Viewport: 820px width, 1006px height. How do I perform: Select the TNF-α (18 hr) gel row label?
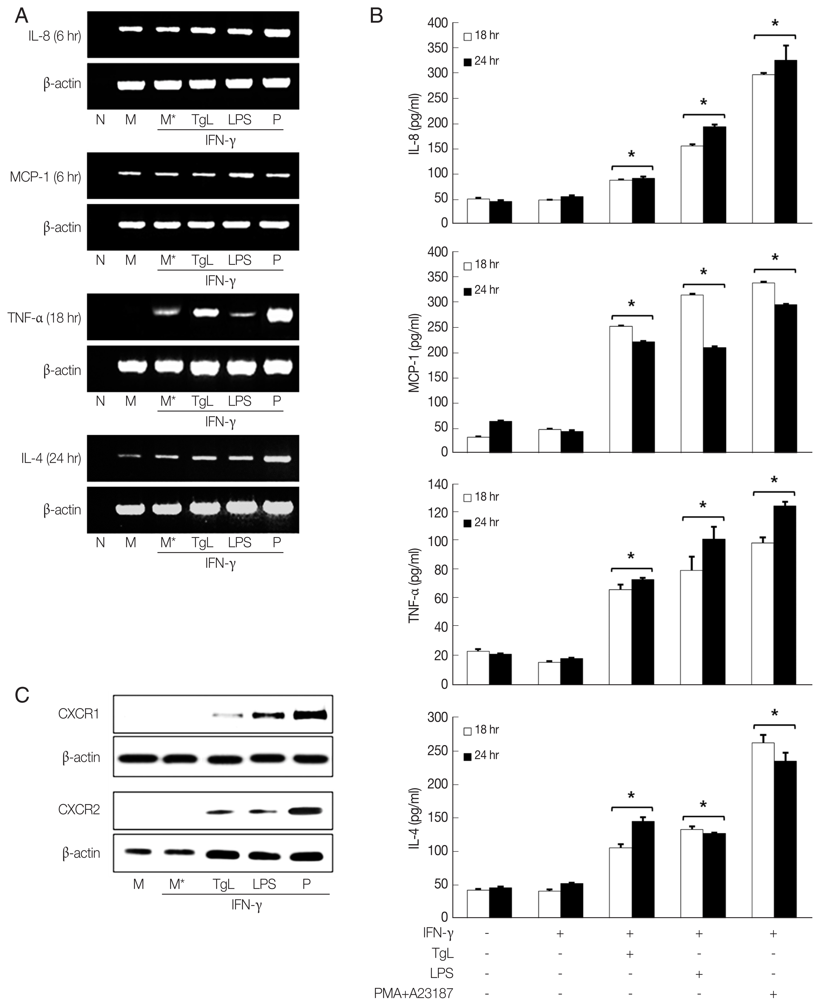pyautogui.click(x=44, y=318)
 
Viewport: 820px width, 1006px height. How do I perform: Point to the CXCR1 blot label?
pyautogui.click(x=79, y=714)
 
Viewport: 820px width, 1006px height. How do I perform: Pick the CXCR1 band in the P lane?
pyautogui.click(x=310, y=715)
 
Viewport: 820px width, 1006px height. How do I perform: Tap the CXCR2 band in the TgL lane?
pyautogui.click(x=220, y=812)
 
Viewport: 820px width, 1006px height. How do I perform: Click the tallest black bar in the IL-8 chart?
pyautogui.click(x=786, y=142)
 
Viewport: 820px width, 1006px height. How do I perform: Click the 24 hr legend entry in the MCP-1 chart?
pyautogui.click(x=482, y=290)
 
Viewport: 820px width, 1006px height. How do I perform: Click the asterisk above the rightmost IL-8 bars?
pyautogui.click(x=775, y=23)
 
